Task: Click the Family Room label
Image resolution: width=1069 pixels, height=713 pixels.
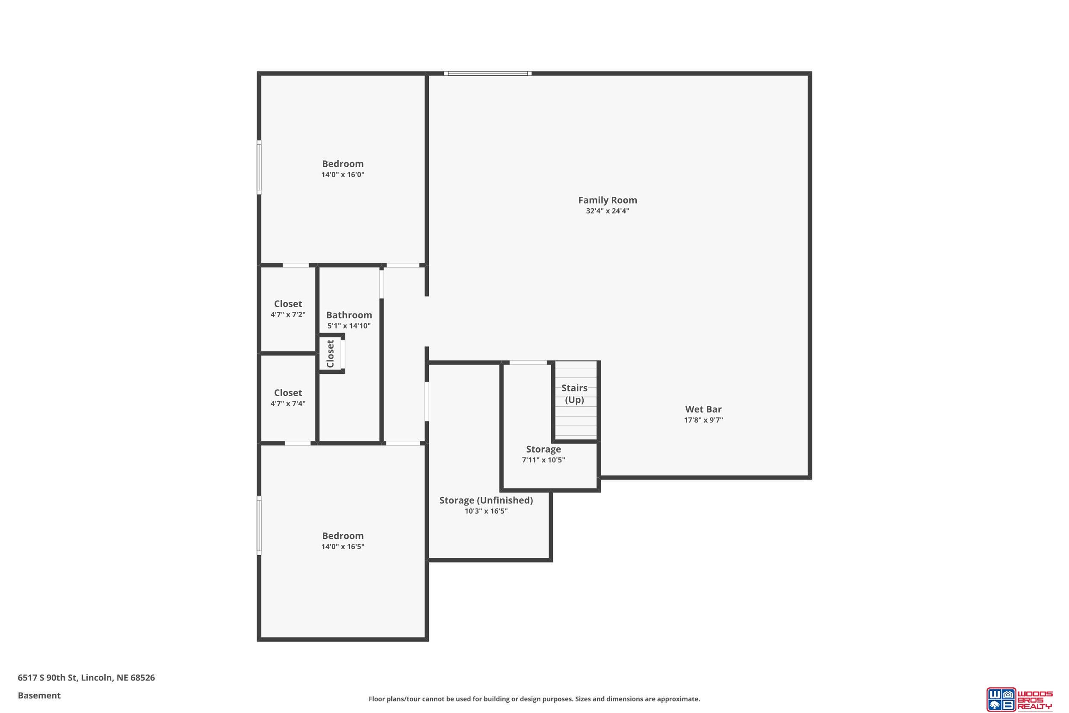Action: (x=607, y=200)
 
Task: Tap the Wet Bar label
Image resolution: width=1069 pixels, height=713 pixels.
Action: (x=703, y=409)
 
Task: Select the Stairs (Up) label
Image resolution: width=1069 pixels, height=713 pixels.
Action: (x=575, y=394)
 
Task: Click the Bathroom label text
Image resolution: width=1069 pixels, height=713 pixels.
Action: (x=349, y=315)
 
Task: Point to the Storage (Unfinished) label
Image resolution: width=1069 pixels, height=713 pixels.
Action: (x=486, y=500)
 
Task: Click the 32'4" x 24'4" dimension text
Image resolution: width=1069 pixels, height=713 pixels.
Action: (x=607, y=211)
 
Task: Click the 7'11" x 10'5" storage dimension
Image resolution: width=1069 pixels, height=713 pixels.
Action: (x=543, y=460)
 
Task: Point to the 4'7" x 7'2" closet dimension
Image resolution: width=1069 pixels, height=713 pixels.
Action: (x=288, y=315)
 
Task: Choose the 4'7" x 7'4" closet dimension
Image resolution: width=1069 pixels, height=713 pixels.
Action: (x=288, y=403)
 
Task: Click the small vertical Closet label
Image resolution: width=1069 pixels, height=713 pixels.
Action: (x=331, y=354)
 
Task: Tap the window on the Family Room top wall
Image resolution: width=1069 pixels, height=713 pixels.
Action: (x=488, y=73)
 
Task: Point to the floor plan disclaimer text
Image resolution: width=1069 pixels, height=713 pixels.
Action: (x=534, y=699)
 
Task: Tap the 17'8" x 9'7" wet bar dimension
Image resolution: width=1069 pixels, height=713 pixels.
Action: (x=703, y=420)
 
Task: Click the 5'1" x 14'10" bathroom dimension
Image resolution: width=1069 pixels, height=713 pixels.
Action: (x=349, y=325)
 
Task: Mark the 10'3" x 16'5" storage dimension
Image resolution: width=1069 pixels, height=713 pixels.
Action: (x=486, y=511)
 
